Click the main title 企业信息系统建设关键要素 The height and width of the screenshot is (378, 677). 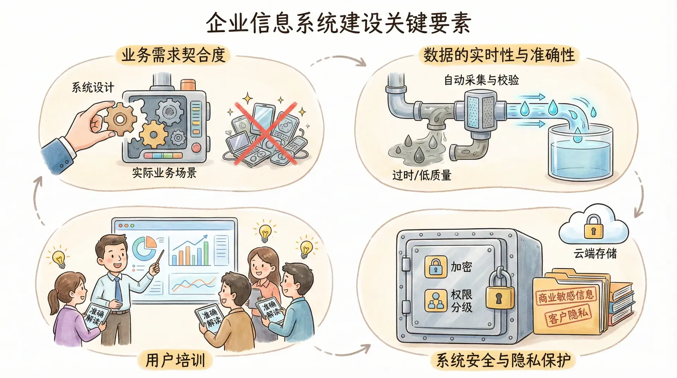click(x=338, y=23)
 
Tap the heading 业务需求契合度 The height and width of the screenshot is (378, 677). click(x=173, y=55)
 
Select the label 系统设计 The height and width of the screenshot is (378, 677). click(x=93, y=87)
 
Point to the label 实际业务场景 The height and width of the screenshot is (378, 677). click(x=164, y=173)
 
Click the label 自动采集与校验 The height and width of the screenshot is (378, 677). click(x=481, y=80)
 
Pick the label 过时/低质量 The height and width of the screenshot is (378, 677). click(x=422, y=175)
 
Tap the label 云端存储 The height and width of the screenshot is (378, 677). click(x=595, y=253)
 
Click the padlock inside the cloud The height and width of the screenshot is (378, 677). click(x=593, y=227)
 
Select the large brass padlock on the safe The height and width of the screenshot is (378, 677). click(x=500, y=289)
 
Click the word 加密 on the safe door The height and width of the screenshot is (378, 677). click(x=461, y=267)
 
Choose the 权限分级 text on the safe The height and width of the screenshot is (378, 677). click(x=462, y=301)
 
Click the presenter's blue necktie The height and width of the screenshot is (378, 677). click(x=118, y=289)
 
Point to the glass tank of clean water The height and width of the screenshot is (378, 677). click(x=580, y=152)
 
